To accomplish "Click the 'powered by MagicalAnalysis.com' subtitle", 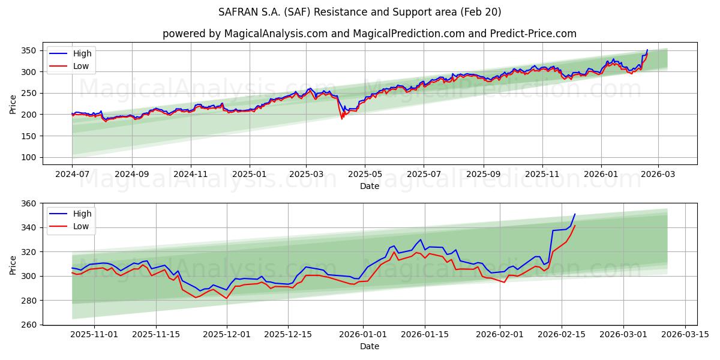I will [369, 34].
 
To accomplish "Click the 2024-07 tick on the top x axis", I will [72, 175].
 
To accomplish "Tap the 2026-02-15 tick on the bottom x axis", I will [562, 335].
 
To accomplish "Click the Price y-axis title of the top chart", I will [13, 103].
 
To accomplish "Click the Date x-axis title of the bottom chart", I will [369, 346].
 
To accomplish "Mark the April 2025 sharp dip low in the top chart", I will [342, 118].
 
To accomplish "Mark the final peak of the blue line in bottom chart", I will [575, 214].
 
